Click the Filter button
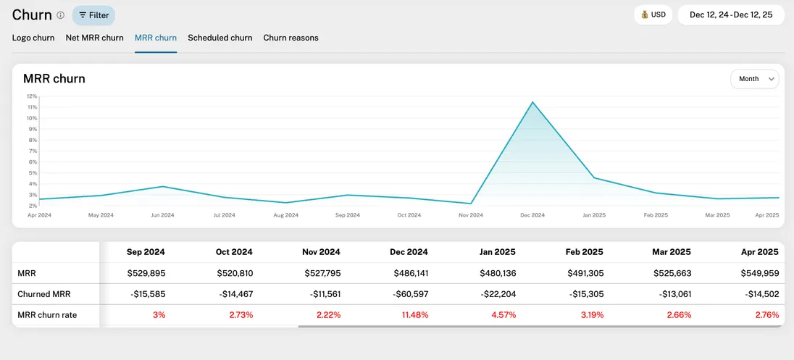pyautogui.click(x=93, y=15)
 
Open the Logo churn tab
pyautogui.click(x=33, y=38)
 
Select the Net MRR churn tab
pyautogui.click(x=94, y=38)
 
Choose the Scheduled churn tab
pyautogui.click(x=220, y=38)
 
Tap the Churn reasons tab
pyautogui.click(x=291, y=38)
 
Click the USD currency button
pyautogui.click(x=653, y=14)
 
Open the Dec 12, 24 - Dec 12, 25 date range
pyautogui.click(x=730, y=14)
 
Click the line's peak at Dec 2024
pyautogui.click(x=533, y=102)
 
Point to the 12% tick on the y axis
pyautogui.click(x=32, y=96)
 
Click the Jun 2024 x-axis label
pyautogui.click(x=162, y=215)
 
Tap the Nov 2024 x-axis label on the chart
pyautogui.click(x=471, y=215)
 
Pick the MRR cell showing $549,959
pyautogui.click(x=758, y=273)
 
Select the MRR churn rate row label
pyautogui.click(x=47, y=315)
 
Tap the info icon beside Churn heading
pyautogui.click(x=61, y=15)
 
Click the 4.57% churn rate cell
pyautogui.click(x=500, y=315)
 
